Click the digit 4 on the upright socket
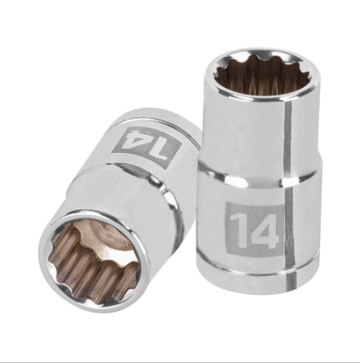click(x=264, y=230)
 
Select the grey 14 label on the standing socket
click(x=251, y=230)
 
